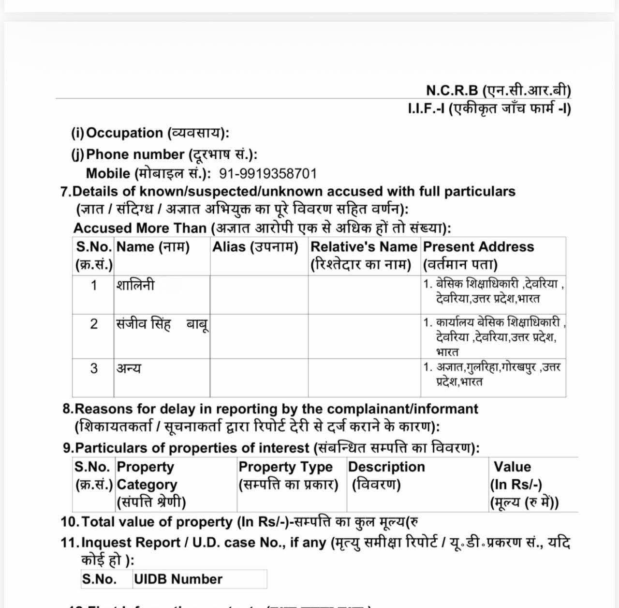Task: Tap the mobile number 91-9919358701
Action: point(268,173)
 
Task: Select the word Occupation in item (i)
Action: point(124,133)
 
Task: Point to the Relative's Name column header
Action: point(363,255)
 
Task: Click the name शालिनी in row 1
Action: point(135,285)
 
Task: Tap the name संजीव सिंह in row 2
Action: point(144,323)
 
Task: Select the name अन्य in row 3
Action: point(129,368)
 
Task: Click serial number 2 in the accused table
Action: point(94,323)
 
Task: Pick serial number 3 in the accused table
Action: point(94,368)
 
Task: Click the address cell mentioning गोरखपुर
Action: point(492,374)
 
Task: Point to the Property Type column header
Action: point(288,475)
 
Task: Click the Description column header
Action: point(386,475)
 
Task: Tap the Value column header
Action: point(524,484)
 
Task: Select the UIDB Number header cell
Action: point(178,579)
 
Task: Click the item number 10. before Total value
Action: point(70,522)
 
